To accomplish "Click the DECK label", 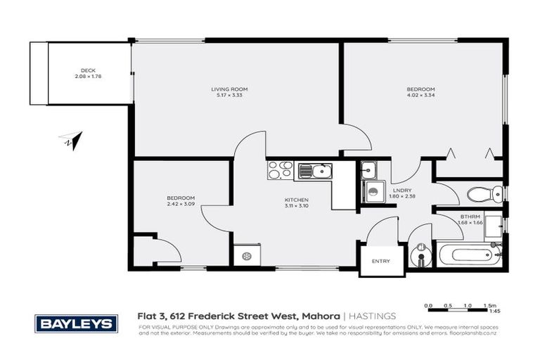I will click(x=88, y=70).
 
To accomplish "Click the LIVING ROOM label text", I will click(x=229, y=89).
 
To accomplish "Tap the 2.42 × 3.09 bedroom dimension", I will click(x=181, y=204).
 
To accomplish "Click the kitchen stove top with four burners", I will click(x=279, y=170).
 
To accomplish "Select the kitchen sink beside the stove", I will click(x=314, y=171).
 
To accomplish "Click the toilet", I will click(x=486, y=193).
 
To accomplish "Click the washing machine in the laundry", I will click(x=375, y=191).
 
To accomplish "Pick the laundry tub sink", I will click(x=369, y=169).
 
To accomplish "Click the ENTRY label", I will click(x=380, y=261).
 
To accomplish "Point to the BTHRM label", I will click(x=470, y=217).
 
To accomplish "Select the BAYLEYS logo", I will click(x=76, y=323).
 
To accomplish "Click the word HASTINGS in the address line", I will click(x=375, y=317).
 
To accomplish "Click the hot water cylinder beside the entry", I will click(x=420, y=255).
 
